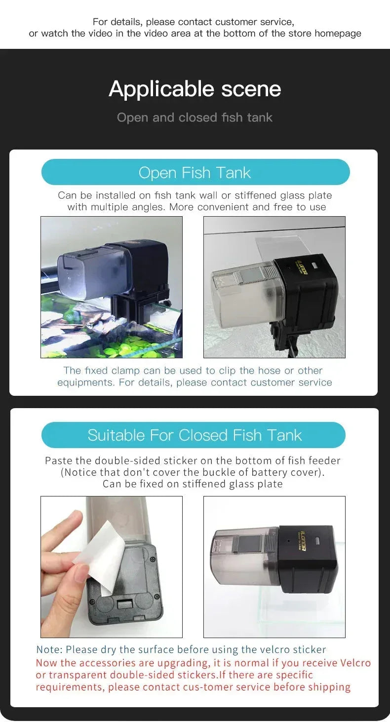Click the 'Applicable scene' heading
[x=195, y=89]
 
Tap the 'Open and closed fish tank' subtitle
[x=195, y=117]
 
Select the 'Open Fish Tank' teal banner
[x=195, y=172]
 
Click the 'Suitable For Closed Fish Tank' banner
[x=194, y=435]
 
